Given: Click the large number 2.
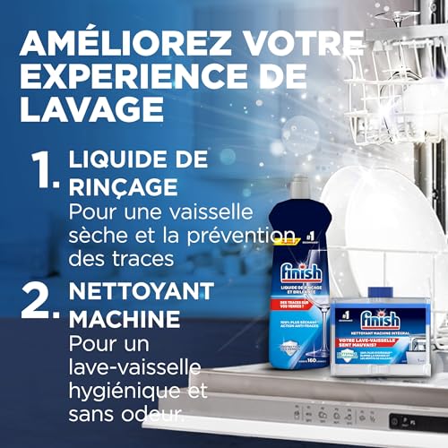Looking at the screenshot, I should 41,302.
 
